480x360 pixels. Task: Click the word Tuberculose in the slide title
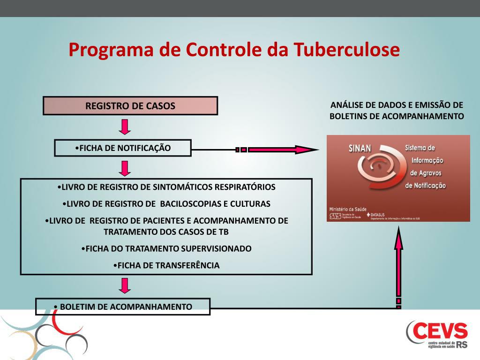(x=347, y=50)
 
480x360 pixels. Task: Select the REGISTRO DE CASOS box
(x=130, y=106)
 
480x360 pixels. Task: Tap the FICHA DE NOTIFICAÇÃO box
(x=123, y=148)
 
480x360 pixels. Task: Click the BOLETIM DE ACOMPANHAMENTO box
(x=123, y=307)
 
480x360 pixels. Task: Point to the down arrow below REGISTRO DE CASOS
(x=125, y=127)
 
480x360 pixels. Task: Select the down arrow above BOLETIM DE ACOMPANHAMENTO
(x=125, y=285)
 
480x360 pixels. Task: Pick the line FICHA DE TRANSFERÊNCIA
(x=166, y=265)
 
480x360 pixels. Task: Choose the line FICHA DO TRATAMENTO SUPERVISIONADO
(x=166, y=248)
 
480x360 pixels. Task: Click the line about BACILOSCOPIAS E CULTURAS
(x=166, y=204)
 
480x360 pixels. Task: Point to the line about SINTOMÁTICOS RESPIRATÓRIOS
(x=166, y=187)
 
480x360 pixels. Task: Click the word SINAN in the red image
(x=360, y=149)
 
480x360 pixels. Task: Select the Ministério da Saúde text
(x=348, y=209)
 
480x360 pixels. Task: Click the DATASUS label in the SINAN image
(x=381, y=214)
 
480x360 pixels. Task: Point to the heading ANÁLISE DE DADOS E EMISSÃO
(x=397, y=105)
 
